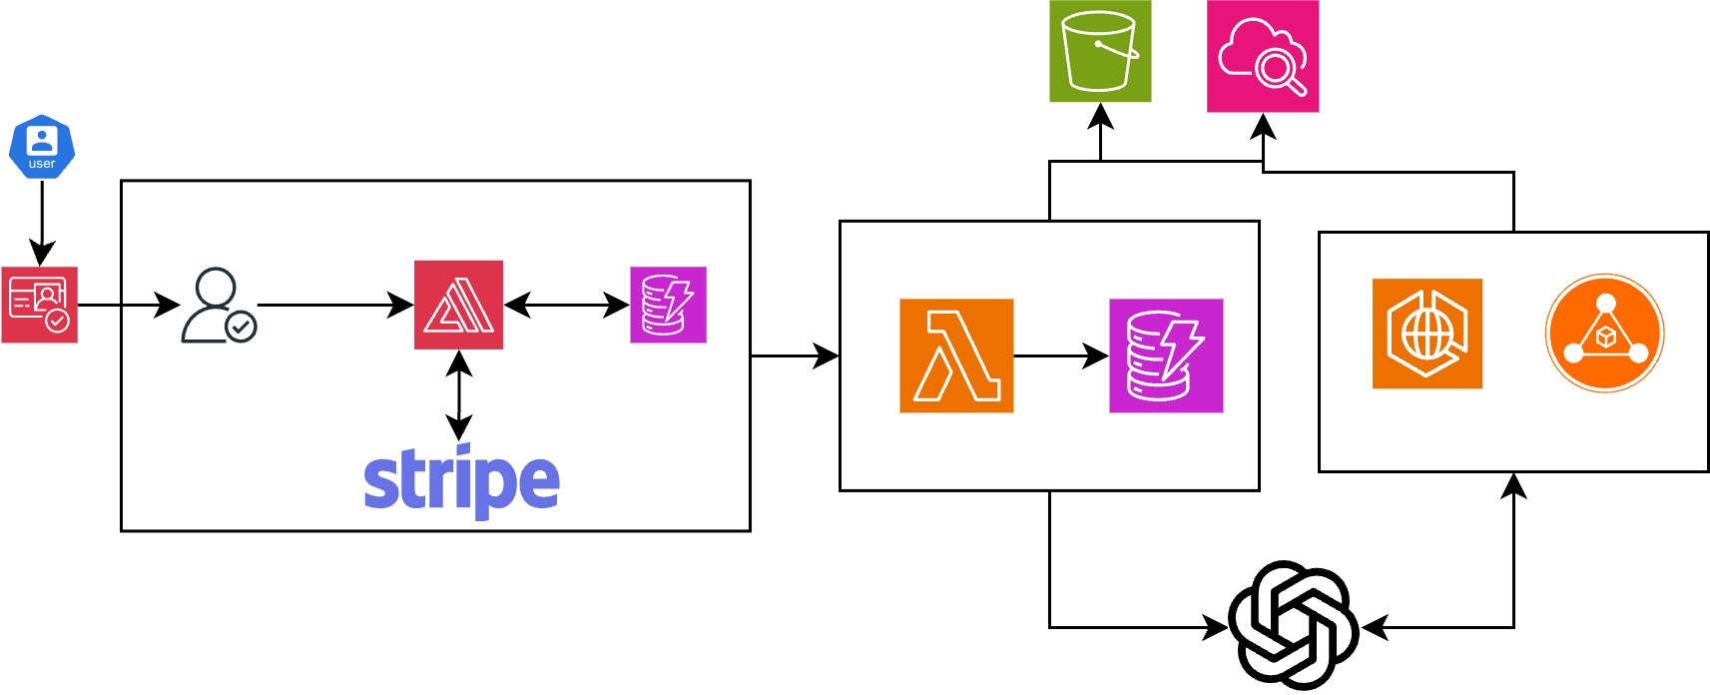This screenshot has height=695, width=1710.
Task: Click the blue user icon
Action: (42, 147)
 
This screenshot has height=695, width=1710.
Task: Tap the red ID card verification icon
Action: (40, 305)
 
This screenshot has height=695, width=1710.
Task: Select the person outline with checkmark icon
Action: (219, 305)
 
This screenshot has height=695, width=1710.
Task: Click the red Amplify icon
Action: (459, 305)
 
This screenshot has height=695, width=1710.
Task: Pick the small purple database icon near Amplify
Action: (668, 305)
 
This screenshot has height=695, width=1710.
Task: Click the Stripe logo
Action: (462, 482)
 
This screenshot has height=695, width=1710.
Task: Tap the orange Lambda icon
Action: (956, 355)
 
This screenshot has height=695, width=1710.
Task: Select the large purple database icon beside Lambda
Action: (1166, 355)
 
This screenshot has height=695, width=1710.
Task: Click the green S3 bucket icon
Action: (1100, 51)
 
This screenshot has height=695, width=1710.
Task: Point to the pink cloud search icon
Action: (1263, 57)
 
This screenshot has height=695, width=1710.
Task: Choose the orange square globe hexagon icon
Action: (1427, 334)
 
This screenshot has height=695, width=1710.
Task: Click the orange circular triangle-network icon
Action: (1604, 334)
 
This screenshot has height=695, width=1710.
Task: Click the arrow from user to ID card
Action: (42, 223)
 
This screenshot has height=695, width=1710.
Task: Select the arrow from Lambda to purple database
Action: (1061, 355)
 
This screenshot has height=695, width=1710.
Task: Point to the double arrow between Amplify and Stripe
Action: (459, 395)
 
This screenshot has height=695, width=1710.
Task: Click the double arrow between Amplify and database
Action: (566, 305)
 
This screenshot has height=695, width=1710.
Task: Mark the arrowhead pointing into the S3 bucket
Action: (1100, 116)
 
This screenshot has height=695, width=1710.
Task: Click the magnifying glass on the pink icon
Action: (1280, 71)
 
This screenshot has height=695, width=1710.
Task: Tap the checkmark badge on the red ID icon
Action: (58, 321)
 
